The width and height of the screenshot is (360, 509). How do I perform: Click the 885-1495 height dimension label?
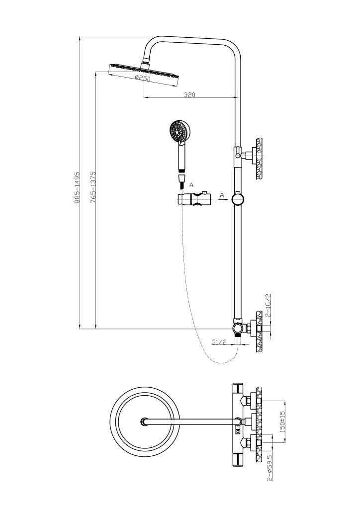(77, 187)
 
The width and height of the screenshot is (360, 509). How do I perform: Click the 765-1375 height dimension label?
(93, 187)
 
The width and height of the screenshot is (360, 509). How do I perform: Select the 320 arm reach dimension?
(189, 95)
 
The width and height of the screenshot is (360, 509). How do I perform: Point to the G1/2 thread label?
(219, 342)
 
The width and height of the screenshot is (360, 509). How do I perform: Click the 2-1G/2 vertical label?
(268, 305)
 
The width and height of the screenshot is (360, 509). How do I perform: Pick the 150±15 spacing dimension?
(282, 421)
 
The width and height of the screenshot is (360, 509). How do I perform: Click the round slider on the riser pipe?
(238, 199)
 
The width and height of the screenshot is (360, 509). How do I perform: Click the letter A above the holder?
(191, 185)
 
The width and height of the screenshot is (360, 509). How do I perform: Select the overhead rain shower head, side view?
(144, 72)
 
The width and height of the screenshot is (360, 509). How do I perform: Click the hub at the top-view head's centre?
(144, 422)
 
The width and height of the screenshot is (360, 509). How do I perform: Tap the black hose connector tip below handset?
(181, 186)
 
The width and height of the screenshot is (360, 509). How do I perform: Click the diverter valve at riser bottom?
(238, 328)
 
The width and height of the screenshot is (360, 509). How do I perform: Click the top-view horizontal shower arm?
(191, 422)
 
